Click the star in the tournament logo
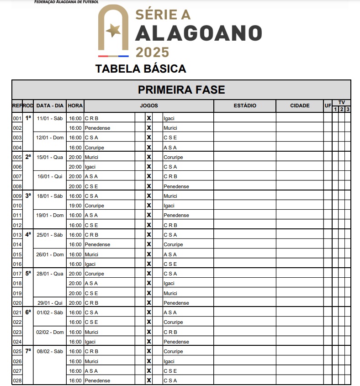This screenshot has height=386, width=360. click(x=113, y=31)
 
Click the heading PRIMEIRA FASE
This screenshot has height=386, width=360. click(x=181, y=90)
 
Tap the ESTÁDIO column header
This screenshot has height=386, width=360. click(x=245, y=106)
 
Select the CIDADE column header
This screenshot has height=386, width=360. click(x=300, y=106)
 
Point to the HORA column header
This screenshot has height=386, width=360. click(x=75, y=106)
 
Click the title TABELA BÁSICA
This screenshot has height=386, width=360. click(x=141, y=69)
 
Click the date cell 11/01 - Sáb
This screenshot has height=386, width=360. click(x=50, y=118)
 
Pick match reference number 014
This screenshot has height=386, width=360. click(x=17, y=244)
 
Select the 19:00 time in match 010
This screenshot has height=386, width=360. click(x=75, y=206)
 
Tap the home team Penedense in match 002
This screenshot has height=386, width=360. click(x=97, y=128)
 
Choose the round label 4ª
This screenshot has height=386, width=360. click(x=28, y=234)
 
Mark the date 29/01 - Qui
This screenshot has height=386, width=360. click(x=50, y=303)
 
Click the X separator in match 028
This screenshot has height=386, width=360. click(x=148, y=381)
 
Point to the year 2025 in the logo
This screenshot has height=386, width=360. click(x=152, y=52)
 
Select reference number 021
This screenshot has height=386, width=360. click(x=17, y=312)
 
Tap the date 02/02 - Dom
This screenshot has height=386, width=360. click(x=50, y=332)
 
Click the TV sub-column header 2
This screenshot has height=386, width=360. click(x=341, y=109)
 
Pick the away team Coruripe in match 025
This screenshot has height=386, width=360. click(x=173, y=351)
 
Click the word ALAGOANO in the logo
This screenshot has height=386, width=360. click(x=199, y=33)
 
